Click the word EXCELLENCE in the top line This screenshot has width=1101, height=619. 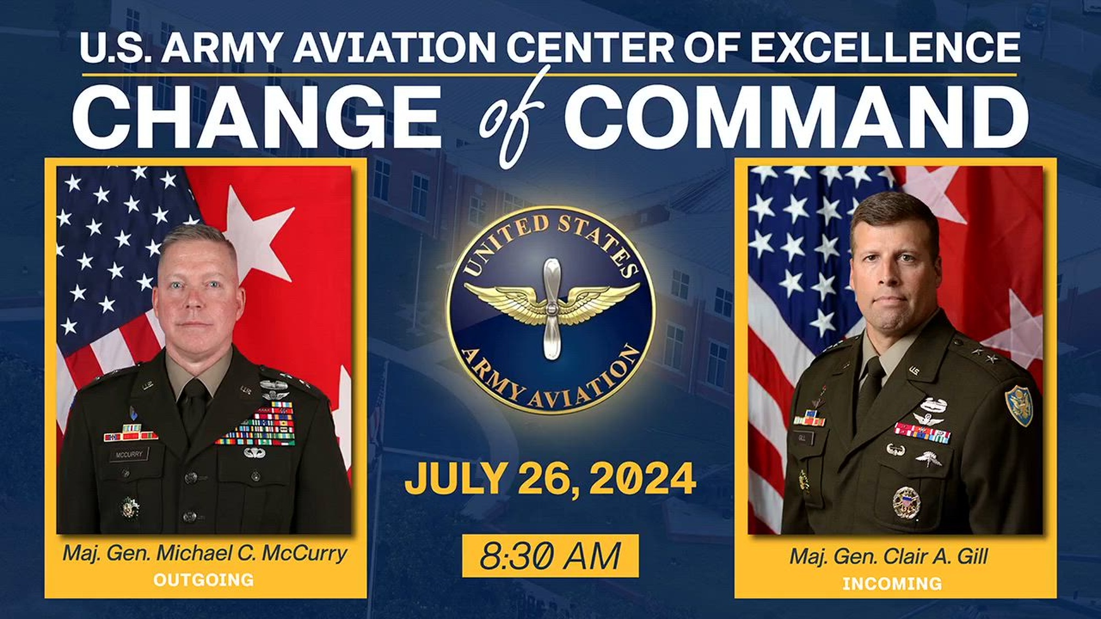pyautogui.click(x=885, y=47)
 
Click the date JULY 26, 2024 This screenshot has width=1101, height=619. pyautogui.click(x=550, y=478)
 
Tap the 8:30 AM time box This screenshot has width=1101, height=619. pyautogui.click(x=550, y=556)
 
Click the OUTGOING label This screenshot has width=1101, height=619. pyautogui.click(x=204, y=579)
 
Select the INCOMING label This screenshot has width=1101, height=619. pyautogui.click(x=892, y=583)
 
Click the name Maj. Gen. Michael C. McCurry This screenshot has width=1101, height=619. pyautogui.click(x=205, y=553)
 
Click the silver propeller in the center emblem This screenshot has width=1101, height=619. pyautogui.click(x=550, y=309)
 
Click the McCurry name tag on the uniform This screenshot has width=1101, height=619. pyautogui.click(x=129, y=454)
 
